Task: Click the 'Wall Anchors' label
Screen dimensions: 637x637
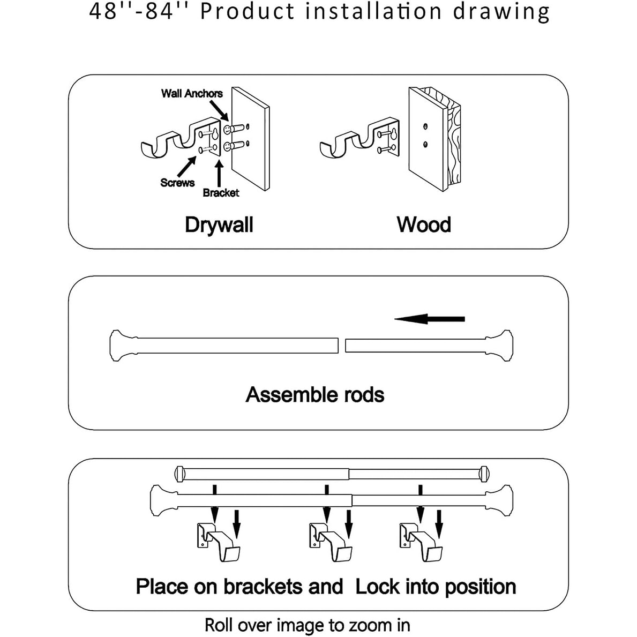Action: pos(192,93)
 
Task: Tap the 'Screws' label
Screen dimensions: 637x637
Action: pos(177,183)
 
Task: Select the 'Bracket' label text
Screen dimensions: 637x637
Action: pos(221,193)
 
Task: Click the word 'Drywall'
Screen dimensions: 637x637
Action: pos(219,224)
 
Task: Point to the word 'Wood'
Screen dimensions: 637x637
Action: pos(424,224)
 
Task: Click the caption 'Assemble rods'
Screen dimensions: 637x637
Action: pos(315,395)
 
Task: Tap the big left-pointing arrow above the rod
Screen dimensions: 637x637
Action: pos(430,319)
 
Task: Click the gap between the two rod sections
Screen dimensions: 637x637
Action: pos(342,345)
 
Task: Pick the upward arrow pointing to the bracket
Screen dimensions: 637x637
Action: pos(219,173)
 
